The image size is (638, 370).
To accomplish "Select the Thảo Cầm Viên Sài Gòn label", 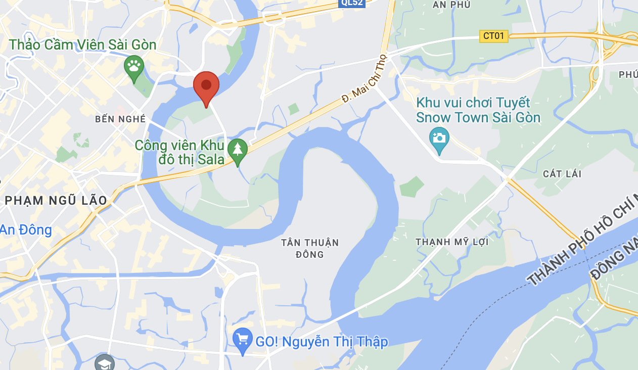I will pos(83,44).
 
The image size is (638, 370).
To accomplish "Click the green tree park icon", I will pos(237,150).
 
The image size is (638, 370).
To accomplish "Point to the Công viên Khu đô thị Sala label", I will pos(179,152).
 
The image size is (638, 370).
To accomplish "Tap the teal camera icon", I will pos(438,138).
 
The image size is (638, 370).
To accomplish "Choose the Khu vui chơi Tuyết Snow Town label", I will pos(478,110).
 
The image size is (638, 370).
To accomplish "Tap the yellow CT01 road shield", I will pos(493,36).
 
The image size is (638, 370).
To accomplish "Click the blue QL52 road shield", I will pos(352,3).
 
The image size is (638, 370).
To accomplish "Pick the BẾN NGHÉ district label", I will pos(120,119).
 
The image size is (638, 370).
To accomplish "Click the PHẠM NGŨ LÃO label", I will pos(56,201).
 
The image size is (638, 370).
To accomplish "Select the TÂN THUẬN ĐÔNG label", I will pos(310,248).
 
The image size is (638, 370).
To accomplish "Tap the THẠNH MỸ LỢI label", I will pos(452,242).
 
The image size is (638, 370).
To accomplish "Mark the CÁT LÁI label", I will pos(562,174).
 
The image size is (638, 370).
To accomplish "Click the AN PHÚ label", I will pos(451,5).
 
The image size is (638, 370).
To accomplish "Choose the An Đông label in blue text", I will pos(26,230).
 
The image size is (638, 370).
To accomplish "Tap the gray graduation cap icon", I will pos(105,363).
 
